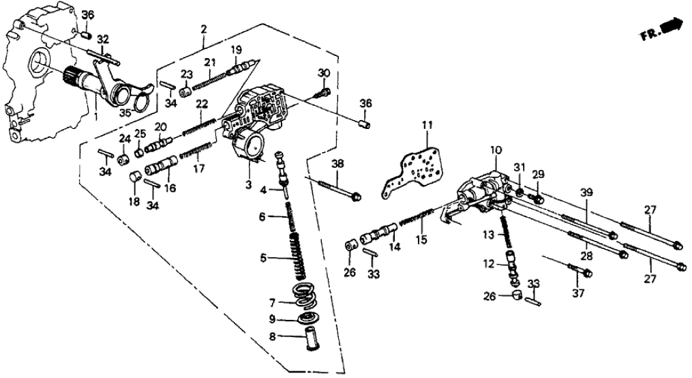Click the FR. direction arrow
coord(673,28)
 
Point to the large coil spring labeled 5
coord(295,257)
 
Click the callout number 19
coord(236,49)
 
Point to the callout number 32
coord(102,39)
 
